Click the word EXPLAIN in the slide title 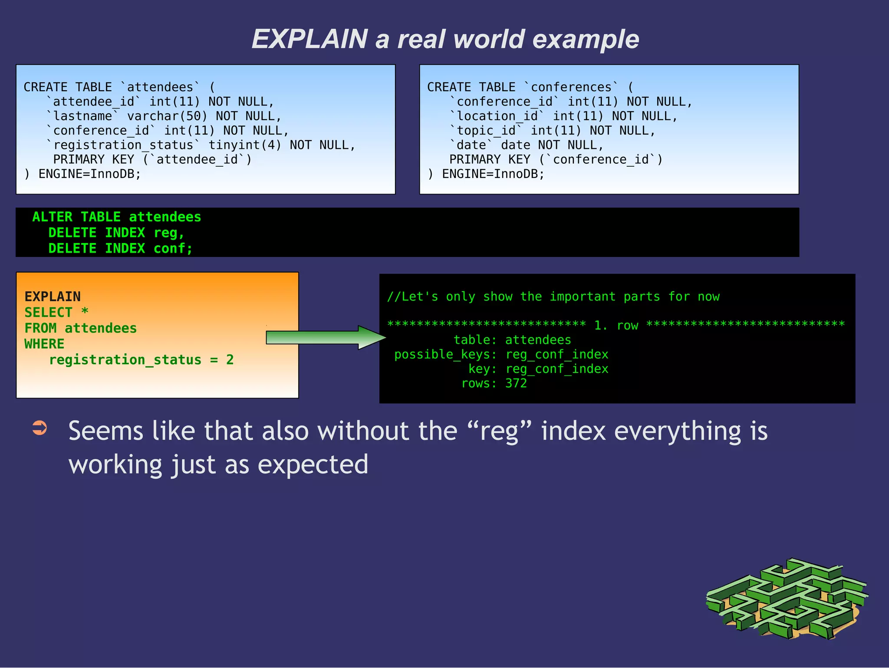point(310,39)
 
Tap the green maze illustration point(787,599)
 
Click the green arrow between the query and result point(326,337)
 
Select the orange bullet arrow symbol point(40,428)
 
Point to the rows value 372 point(516,383)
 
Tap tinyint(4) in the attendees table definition point(245,145)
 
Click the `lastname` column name point(82,116)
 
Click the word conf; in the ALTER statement point(173,248)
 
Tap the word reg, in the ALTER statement point(169,233)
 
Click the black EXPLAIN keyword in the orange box point(53,297)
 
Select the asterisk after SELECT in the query point(85,312)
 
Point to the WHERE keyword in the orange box point(44,344)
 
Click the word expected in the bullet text point(313,464)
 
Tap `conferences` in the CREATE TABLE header point(571,87)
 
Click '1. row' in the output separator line point(616,326)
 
